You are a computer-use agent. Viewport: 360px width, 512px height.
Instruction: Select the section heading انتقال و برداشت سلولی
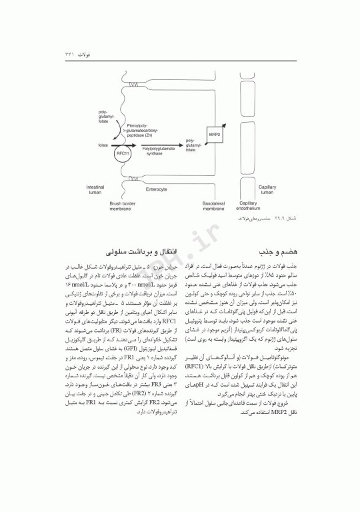[147, 253]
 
